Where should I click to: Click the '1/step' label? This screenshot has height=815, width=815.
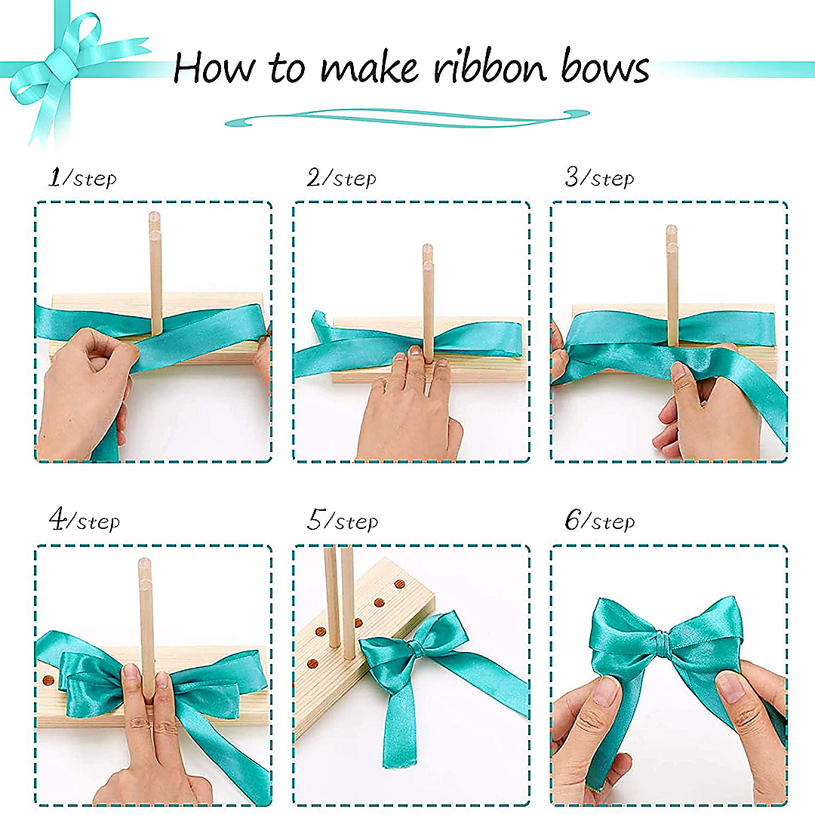tap(82, 178)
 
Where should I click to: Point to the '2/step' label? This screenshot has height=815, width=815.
tap(341, 178)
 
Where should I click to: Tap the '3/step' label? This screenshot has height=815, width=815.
tap(599, 178)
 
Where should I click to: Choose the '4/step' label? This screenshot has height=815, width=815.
tap(84, 521)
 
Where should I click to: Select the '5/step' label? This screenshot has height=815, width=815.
tap(343, 521)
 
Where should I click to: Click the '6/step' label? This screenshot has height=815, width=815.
tap(600, 521)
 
